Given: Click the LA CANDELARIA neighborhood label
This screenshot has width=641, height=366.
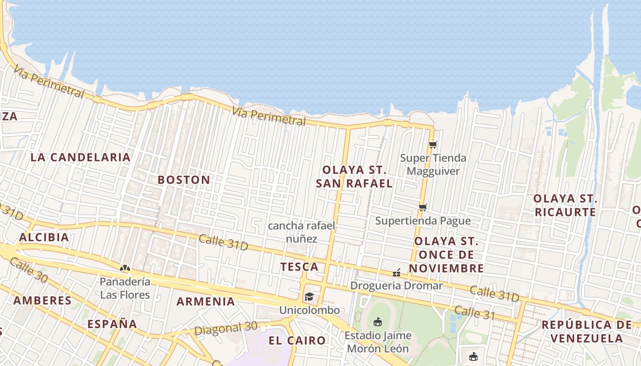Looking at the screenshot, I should click(x=81, y=157).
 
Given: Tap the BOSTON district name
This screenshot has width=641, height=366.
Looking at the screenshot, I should click(x=184, y=180).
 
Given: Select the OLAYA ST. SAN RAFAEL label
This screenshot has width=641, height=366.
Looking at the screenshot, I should click(x=354, y=177).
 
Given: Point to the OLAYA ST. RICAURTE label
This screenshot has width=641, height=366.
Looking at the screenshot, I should click(x=565, y=205).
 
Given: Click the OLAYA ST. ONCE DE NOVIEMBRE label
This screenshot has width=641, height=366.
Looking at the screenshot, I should click(x=446, y=254).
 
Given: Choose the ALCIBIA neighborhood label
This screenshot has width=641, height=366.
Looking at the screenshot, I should click(x=44, y=237).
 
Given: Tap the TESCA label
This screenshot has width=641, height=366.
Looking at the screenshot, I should click(x=299, y=267).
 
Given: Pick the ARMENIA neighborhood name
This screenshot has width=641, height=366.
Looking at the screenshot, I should click(x=206, y=301).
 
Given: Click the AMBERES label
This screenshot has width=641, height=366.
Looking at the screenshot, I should click(x=43, y=301).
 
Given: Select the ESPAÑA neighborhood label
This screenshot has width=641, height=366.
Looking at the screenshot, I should click(x=112, y=324).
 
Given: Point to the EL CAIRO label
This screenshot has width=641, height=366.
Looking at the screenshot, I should click(x=297, y=340).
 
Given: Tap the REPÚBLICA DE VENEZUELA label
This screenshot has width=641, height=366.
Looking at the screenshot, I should click(x=587, y=332).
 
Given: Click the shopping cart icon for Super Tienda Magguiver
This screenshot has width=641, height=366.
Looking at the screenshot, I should click(x=433, y=145).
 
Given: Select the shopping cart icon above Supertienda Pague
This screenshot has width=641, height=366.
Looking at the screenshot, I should click(x=423, y=208).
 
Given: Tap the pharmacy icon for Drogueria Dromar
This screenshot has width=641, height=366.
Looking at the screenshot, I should click(x=397, y=273).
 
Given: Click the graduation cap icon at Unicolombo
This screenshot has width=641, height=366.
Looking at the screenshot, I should click(x=310, y=296).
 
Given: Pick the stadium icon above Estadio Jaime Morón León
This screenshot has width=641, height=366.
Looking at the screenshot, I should click(x=378, y=322).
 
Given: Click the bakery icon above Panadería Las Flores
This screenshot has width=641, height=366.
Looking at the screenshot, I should click(x=125, y=268).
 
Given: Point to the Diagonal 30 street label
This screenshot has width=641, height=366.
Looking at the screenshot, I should click(x=226, y=328).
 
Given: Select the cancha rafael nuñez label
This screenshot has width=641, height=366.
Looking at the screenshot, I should click(x=302, y=232).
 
